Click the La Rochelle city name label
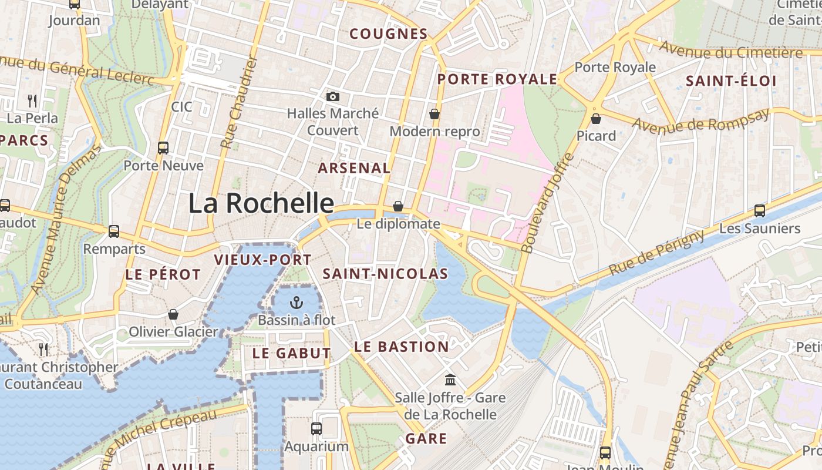click(x=261, y=203)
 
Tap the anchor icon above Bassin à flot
click(x=297, y=303)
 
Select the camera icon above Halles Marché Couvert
click(x=333, y=96)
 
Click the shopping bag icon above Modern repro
click(x=434, y=113)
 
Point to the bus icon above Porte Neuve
click(x=163, y=148)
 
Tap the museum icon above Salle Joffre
click(x=450, y=380)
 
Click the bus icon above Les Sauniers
click(x=759, y=210)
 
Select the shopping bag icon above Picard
click(x=596, y=119)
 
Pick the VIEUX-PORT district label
click(x=262, y=260)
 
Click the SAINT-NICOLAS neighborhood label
click(x=385, y=274)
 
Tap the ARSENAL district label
click(x=354, y=168)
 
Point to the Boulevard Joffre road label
click(x=548, y=203)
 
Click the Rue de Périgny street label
click(x=656, y=253)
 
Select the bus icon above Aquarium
click(x=316, y=428)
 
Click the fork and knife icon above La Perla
click(x=32, y=100)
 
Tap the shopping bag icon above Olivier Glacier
click(x=173, y=314)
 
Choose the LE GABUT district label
click(x=291, y=353)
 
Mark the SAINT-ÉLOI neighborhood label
click(x=731, y=81)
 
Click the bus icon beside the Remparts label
click(x=114, y=231)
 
